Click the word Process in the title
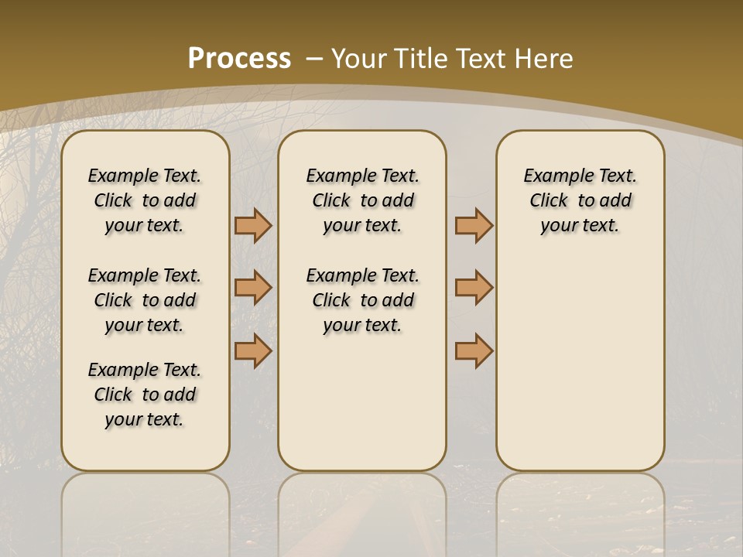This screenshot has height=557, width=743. pyautogui.click(x=239, y=58)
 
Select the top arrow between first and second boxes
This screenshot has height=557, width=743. pyautogui.click(x=253, y=225)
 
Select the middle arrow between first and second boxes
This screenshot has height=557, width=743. pyautogui.click(x=253, y=288)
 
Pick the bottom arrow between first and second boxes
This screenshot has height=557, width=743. pyautogui.click(x=253, y=351)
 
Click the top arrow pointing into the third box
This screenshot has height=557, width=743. pyautogui.click(x=474, y=225)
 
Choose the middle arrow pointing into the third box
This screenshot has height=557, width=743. pyautogui.click(x=474, y=288)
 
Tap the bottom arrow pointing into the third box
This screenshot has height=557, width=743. pyautogui.click(x=474, y=351)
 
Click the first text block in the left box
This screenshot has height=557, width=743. pyautogui.click(x=145, y=200)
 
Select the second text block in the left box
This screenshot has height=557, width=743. pyautogui.click(x=145, y=300)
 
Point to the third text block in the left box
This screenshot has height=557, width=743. pyautogui.click(x=145, y=395)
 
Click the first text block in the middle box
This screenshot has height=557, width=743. pyautogui.click(x=362, y=200)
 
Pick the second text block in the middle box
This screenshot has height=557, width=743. pyautogui.click(x=362, y=300)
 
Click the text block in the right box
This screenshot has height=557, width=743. pyautogui.click(x=580, y=200)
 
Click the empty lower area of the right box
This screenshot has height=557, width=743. pyautogui.click(x=580, y=364)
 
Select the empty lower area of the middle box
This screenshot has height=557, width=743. pyautogui.click(x=362, y=402)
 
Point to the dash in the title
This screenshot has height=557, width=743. pyautogui.click(x=315, y=58)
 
